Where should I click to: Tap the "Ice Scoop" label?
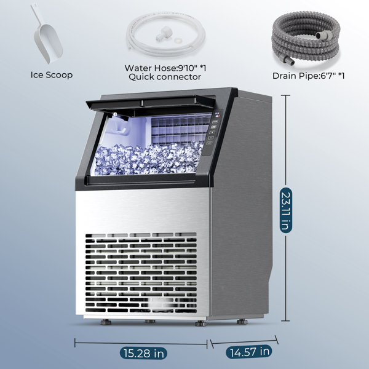tap(52, 75)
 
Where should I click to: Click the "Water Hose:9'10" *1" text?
tap(165, 68)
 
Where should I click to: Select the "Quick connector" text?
tap(165, 77)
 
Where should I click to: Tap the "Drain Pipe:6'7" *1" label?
tap(308, 76)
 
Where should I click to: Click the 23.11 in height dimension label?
tap(286, 210)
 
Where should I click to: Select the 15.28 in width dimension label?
tap(143, 354)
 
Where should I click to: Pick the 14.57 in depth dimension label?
tap(249, 352)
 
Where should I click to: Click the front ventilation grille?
tap(141, 272)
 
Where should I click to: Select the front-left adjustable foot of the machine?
tap(106, 322)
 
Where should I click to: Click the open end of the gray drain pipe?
tap(292, 61)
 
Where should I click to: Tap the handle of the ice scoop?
tap(37, 15)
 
